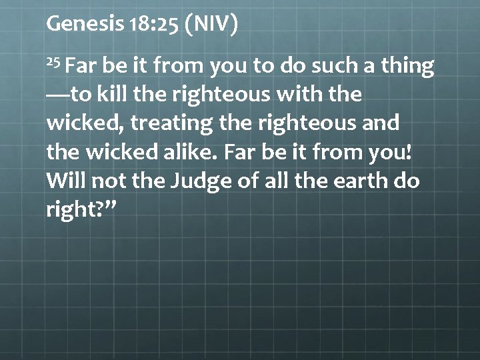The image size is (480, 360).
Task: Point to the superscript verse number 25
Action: click(x=54, y=62)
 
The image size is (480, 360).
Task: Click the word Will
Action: click(x=65, y=181)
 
